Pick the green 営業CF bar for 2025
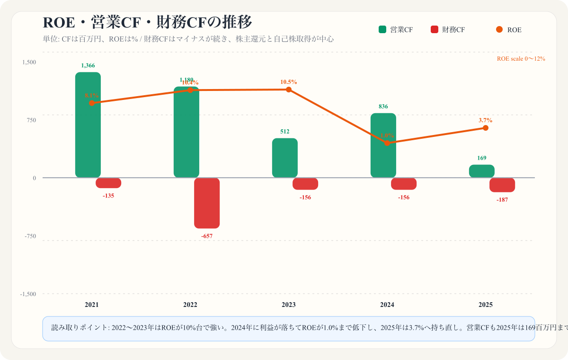click(x=482, y=171)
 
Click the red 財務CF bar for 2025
click(x=502, y=185)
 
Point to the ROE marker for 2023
click(x=288, y=90)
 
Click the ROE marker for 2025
click(x=485, y=128)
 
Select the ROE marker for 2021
click(x=92, y=103)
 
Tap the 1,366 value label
click(x=88, y=65)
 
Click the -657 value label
click(x=207, y=236)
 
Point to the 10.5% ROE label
click(x=288, y=82)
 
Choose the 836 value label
click(x=383, y=107)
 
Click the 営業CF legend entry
click(x=396, y=30)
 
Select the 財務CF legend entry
click(x=448, y=30)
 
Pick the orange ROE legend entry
click(x=509, y=30)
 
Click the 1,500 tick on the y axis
click(x=28, y=62)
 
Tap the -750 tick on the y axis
click(x=29, y=236)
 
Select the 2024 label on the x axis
click(x=387, y=305)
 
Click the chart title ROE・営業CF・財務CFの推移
click(x=147, y=22)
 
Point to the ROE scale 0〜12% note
click(x=521, y=59)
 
